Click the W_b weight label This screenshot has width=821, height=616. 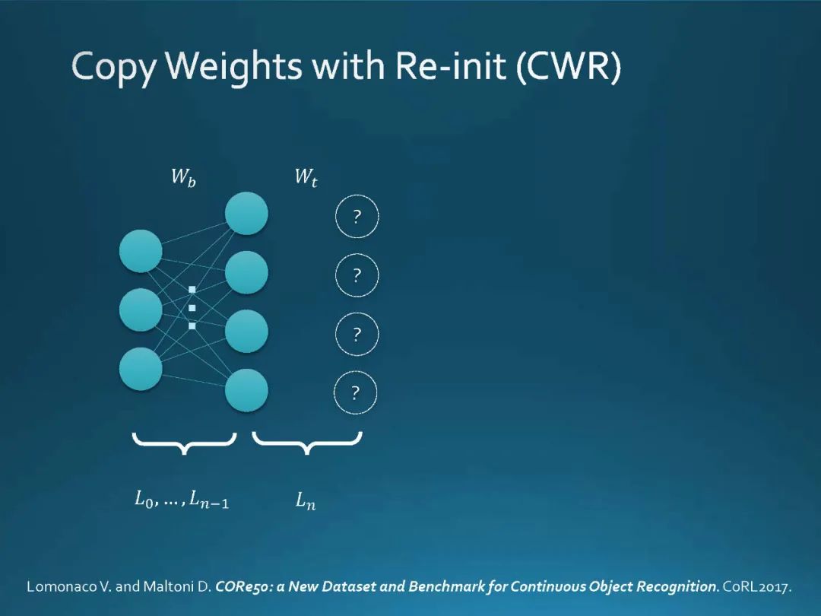pyautogui.click(x=183, y=179)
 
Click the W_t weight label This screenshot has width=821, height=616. pyautogui.click(x=306, y=179)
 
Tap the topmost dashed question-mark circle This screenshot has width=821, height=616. pyautogui.click(x=357, y=217)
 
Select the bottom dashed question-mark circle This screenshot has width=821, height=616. pyautogui.click(x=357, y=393)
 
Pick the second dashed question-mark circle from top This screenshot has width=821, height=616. pyautogui.click(x=357, y=275)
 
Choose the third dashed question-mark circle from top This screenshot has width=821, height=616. pyautogui.click(x=357, y=335)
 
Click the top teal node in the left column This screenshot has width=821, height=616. pyautogui.click(x=141, y=251)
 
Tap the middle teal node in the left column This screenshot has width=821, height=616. pyautogui.click(x=141, y=310)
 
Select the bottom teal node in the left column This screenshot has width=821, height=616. pyautogui.click(x=141, y=369)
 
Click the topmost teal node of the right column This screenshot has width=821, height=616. pyautogui.click(x=246, y=214)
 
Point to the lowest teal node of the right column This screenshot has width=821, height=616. pyautogui.click(x=246, y=390)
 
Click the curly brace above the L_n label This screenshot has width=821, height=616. pyautogui.click(x=306, y=443)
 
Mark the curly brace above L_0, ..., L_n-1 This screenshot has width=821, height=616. pyautogui.click(x=184, y=443)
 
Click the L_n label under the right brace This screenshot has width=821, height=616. pyautogui.click(x=306, y=501)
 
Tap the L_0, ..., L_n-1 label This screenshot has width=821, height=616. pyautogui.click(x=182, y=501)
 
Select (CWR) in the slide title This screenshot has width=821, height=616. pyautogui.click(x=569, y=68)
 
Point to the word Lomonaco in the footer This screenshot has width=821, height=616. pyautogui.click(x=62, y=586)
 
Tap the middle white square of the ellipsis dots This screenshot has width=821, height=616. pyautogui.click(x=192, y=307)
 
